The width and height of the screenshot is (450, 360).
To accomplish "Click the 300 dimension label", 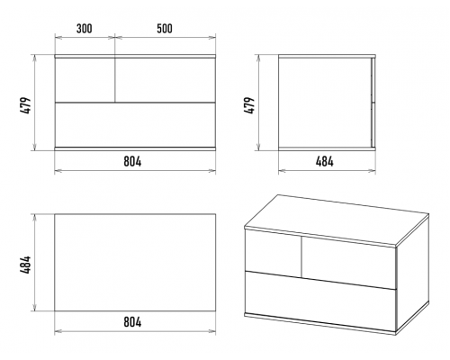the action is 85,29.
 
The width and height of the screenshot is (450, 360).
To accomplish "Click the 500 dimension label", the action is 165,29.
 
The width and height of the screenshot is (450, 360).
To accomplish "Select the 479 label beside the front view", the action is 26,105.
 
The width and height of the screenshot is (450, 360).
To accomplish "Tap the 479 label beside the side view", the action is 249,105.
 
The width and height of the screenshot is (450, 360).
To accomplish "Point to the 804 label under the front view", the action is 132,162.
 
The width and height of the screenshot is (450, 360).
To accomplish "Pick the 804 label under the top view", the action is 132,322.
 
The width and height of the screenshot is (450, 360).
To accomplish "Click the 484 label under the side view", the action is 325,162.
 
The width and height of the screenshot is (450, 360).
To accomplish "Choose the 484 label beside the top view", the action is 26,265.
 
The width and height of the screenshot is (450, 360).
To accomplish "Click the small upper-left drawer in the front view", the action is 85,80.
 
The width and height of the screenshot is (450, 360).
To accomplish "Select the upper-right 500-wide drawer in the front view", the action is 166,80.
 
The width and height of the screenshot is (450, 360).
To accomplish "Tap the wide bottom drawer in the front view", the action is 135,125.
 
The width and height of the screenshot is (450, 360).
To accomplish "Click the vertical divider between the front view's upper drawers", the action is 115,80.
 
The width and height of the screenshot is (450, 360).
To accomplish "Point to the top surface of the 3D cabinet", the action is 337,220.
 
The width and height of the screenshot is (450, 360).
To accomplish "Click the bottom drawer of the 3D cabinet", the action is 320,301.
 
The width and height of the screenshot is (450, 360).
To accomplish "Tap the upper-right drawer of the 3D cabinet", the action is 348,263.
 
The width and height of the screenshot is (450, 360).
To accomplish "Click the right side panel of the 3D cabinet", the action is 413,273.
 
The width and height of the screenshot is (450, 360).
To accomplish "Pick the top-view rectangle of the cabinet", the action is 135,263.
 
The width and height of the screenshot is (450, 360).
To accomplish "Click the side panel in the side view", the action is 325,103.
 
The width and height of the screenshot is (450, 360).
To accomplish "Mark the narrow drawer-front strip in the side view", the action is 373,103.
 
